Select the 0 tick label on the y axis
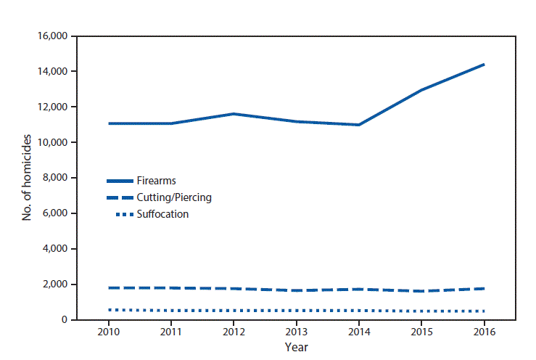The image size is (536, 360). click(x=65, y=320)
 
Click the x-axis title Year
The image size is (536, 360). click(x=296, y=347)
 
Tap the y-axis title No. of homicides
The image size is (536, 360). click(x=28, y=178)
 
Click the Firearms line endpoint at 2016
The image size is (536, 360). click(x=482, y=65)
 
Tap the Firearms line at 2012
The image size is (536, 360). click(x=234, y=114)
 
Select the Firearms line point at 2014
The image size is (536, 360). click(x=358, y=125)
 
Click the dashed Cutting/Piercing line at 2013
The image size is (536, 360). click(x=296, y=290)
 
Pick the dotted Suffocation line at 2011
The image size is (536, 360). click(x=172, y=311)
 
